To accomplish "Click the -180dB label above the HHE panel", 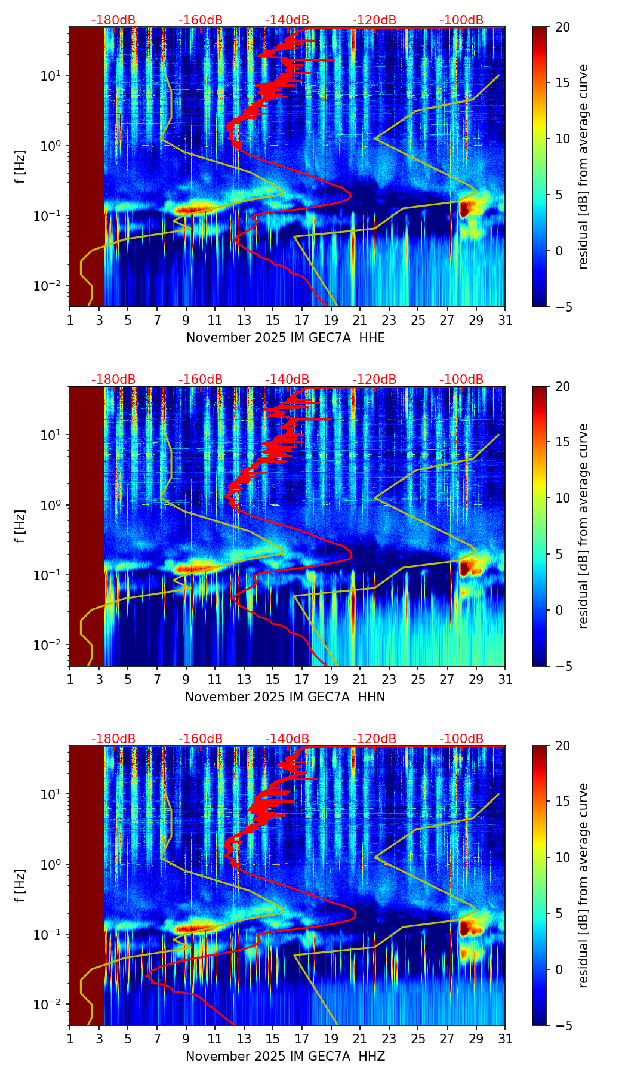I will click(x=113, y=20).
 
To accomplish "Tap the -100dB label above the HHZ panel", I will click(x=461, y=739).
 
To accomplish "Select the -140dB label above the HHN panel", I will click(x=287, y=380).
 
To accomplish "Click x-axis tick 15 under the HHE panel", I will click(x=273, y=320).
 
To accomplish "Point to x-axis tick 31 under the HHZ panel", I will click(x=505, y=1039).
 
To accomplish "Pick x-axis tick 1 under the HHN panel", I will click(x=70, y=679).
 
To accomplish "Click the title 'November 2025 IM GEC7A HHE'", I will click(x=285, y=338).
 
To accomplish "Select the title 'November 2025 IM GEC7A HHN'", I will click(x=285, y=697).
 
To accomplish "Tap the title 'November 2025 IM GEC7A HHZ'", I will click(x=285, y=1057).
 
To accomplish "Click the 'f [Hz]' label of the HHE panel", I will click(x=20, y=167).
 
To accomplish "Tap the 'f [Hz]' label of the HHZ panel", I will click(x=20, y=886).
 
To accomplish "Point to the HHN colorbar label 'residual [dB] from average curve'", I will click(x=584, y=526).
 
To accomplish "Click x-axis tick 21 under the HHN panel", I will click(x=360, y=679).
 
